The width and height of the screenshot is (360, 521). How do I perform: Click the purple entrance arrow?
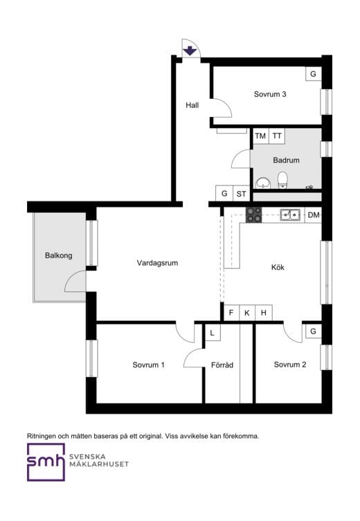[190, 51]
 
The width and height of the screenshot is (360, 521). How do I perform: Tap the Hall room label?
[192, 105]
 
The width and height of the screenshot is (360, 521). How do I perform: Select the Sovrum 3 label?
[270, 94]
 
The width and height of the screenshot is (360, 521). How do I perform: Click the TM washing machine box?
[260, 136]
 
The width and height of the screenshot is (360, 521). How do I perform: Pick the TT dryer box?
[276, 136]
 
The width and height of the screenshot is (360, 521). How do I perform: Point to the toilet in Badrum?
[282, 180]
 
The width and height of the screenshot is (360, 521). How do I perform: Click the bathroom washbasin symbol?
[263, 183]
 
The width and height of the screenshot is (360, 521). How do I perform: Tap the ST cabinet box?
[242, 193]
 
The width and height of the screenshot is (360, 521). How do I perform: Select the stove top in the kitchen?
[253, 214]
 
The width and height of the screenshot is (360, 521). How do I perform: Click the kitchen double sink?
[290, 215]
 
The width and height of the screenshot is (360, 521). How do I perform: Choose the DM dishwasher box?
[313, 215]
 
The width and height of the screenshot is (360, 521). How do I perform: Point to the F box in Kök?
[232, 313]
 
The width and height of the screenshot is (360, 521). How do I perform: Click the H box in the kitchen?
[264, 313]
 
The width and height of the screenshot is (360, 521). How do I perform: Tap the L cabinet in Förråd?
[213, 333]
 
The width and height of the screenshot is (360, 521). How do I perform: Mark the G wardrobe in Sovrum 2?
[314, 331]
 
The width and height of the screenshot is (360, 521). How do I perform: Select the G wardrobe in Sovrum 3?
[314, 74]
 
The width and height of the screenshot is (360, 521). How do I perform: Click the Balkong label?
[59, 255]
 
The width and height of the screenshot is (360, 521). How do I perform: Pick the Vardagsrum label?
[157, 263]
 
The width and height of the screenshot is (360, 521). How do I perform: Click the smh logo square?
[46, 462]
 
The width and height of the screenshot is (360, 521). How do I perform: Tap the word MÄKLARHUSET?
[99, 464]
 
